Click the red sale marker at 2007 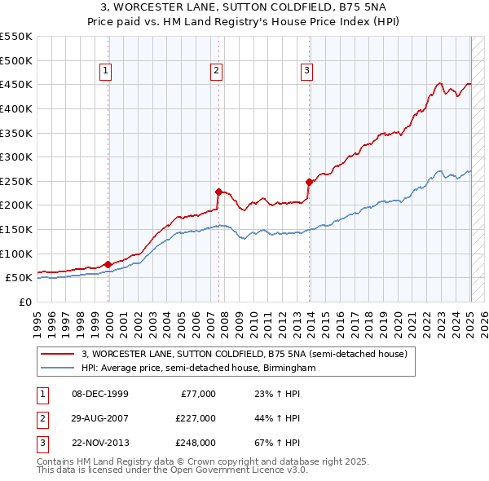(x=218, y=192)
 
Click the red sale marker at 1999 (x=108, y=264)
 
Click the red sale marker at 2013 (x=309, y=182)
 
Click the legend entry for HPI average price (x=198, y=368)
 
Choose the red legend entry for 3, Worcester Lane (x=249, y=354)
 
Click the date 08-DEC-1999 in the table (x=100, y=394)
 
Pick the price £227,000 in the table (x=195, y=418)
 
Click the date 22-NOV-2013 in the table (x=100, y=443)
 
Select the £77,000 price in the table (x=198, y=394)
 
